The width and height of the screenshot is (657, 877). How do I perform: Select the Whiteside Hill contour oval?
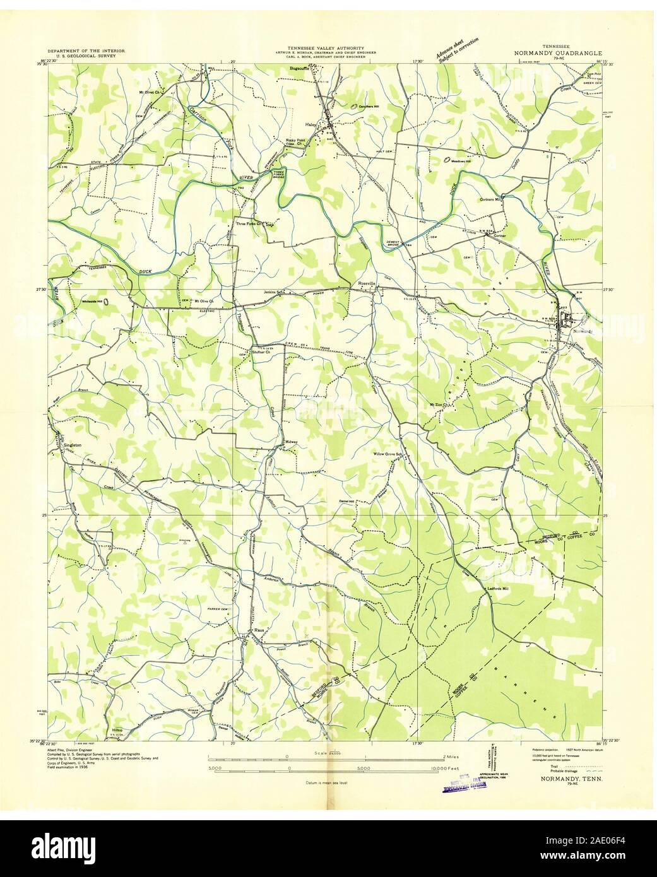(105, 302)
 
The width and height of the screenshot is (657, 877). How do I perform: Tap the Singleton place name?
(73, 445)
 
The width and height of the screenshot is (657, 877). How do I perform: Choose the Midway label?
(291, 442)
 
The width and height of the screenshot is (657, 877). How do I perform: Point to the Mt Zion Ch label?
(438, 404)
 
